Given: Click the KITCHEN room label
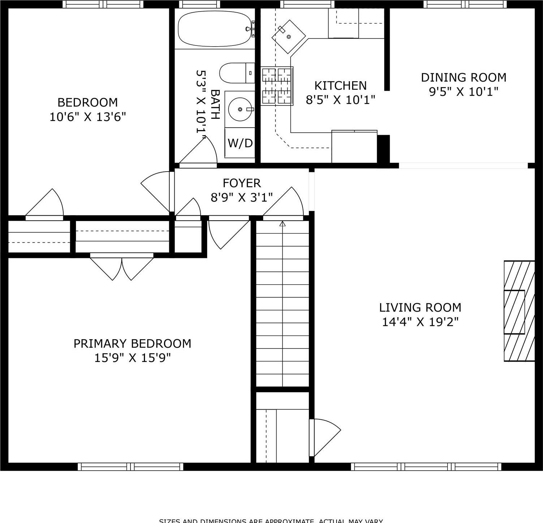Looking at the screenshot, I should [x=340, y=86].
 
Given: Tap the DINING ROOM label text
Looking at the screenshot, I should [x=463, y=78].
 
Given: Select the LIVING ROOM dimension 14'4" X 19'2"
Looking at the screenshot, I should [x=420, y=322].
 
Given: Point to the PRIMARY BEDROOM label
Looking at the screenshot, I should [x=132, y=343].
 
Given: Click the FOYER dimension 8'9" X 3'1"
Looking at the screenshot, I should [x=241, y=198].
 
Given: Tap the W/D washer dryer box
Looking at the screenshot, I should [x=240, y=143].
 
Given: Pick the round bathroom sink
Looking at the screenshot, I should [x=240, y=109].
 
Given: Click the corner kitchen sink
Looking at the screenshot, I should [x=288, y=36].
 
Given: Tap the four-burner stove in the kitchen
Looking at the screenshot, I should [x=277, y=86].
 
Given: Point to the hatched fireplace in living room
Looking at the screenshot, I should [x=519, y=311].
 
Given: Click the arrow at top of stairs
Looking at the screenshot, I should [x=283, y=224].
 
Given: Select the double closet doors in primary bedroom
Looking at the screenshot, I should [x=122, y=267].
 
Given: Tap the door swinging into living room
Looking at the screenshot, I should [x=325, y=437].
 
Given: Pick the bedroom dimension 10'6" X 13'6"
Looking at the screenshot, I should [x=87, y=117].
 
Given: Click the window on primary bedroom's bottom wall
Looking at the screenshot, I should [x=131, y=467].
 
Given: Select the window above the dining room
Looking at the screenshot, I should [x=465, y=4].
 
